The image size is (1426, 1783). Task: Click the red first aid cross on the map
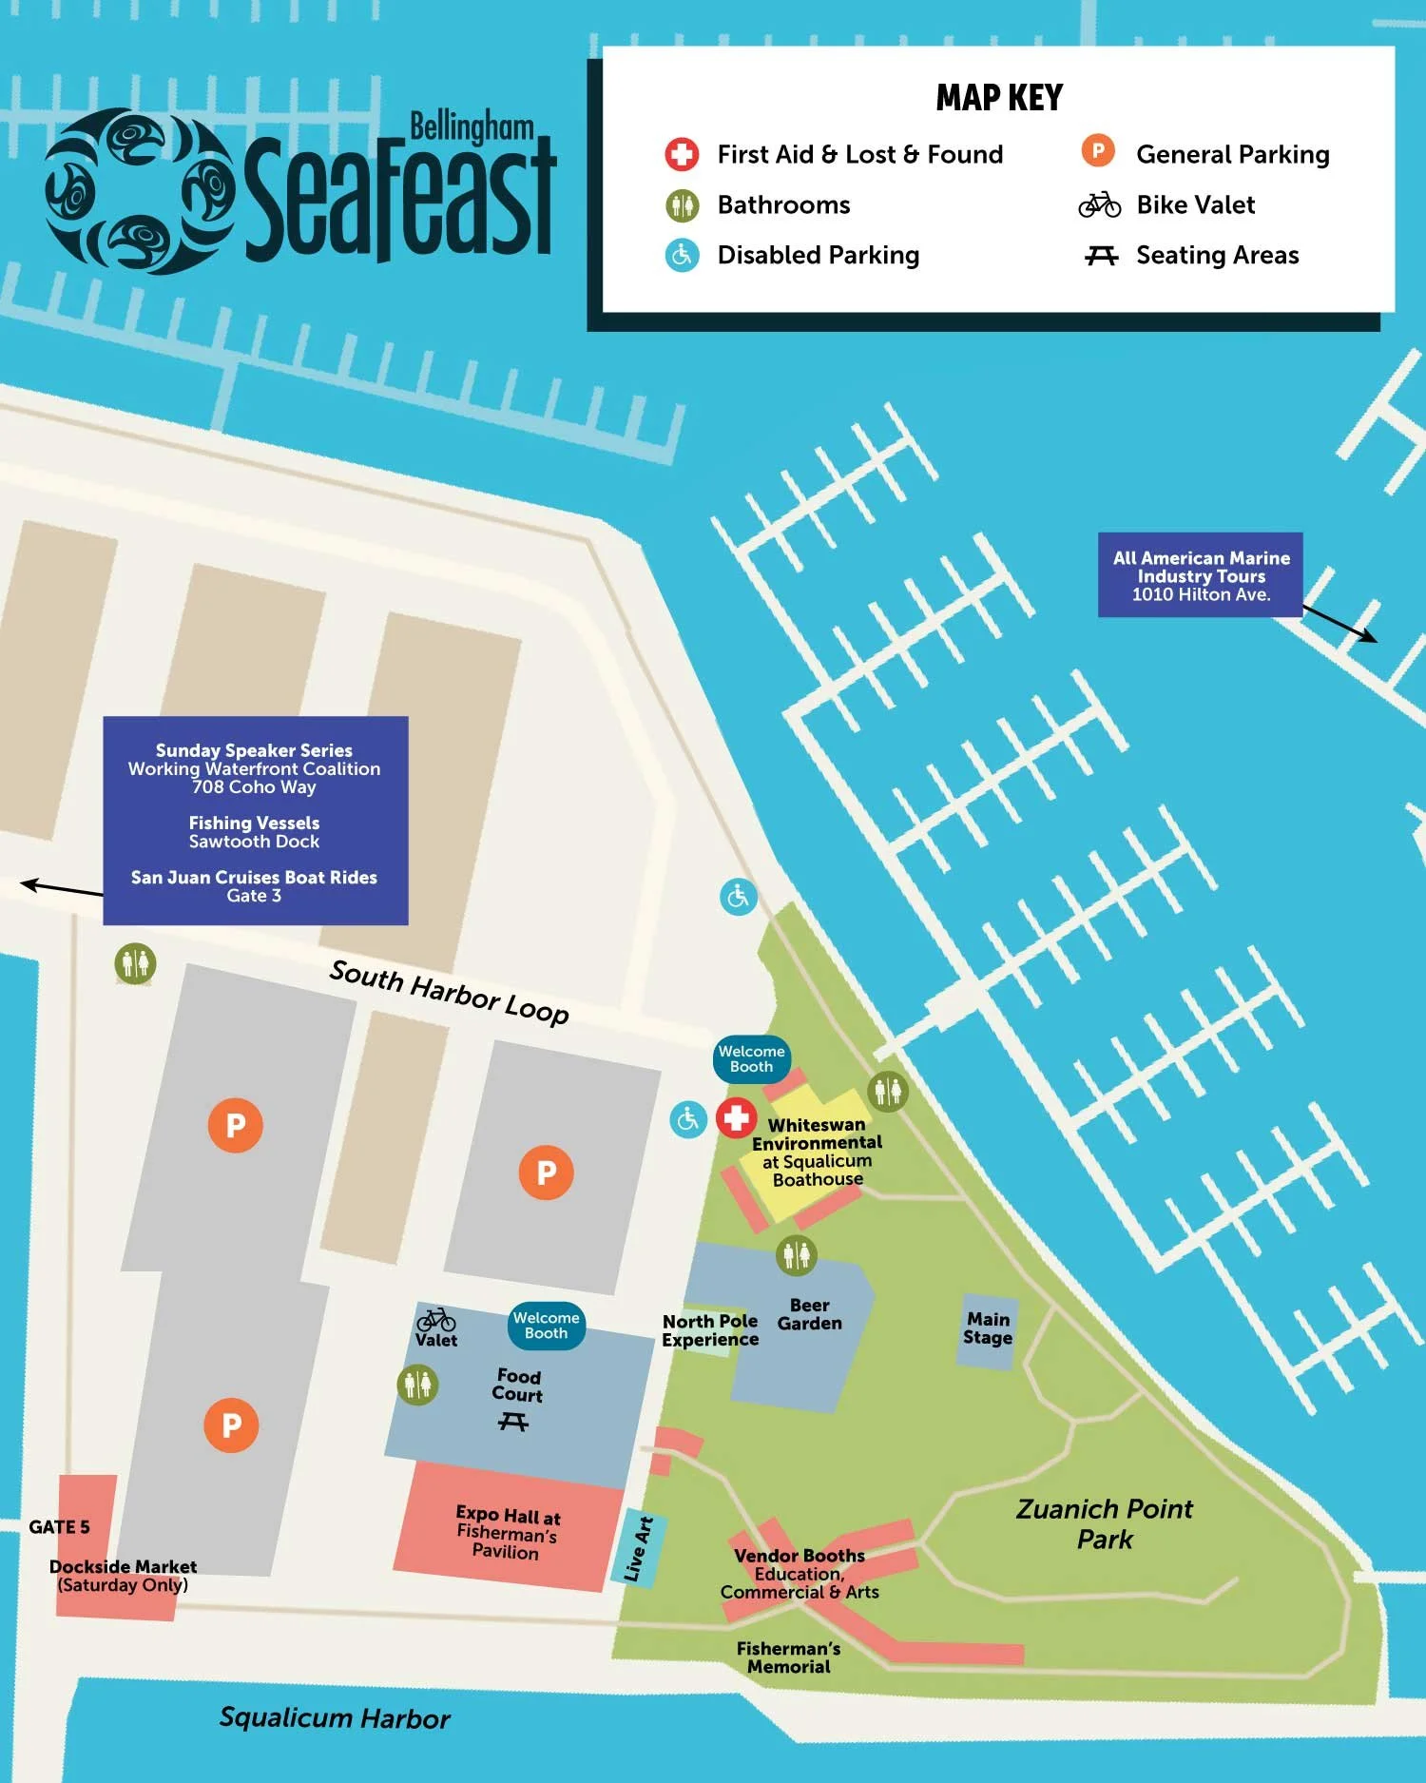[736, 1118]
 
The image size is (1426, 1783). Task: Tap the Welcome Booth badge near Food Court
[547, 1326]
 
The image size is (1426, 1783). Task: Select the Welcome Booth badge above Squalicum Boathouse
[751, 1059]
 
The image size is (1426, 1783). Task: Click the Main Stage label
[988, 1328]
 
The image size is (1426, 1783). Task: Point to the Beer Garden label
[810, 1314]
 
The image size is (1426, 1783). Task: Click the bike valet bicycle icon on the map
[436, 1320]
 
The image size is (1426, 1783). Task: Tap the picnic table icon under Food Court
[513, 1422]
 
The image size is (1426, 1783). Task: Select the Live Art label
[639, 1549]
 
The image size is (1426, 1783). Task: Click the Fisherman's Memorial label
[788, 1657]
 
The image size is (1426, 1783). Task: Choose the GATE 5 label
[59, 1527]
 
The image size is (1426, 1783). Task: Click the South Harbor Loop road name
[449, 993]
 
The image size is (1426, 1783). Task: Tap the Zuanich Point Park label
[1104, 1523]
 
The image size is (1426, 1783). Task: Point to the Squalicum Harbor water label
[335, 1718]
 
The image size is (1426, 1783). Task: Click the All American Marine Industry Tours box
[1201, 575]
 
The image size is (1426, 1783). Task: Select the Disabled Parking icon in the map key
[682, 255]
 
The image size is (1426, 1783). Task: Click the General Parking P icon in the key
[1098, 151]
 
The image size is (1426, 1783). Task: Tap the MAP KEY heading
[999, 98]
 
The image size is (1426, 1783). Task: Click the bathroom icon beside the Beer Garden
[796, 1255]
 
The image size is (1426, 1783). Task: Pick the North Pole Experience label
[710, 1330]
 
